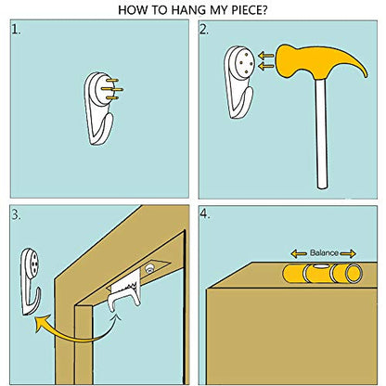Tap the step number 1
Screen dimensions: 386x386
[16, 30]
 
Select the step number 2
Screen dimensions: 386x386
[204, 30]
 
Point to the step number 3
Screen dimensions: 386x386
[16, 214]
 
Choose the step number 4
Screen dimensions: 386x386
[205, 214]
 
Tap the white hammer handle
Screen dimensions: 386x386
[321, 133]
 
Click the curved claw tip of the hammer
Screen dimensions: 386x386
[367, 75]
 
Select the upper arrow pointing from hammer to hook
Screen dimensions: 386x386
[266, 56]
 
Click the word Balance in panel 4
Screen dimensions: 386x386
[324, 253]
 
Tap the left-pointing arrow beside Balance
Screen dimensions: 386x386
[299, 254]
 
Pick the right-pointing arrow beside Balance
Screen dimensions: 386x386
[348, 254]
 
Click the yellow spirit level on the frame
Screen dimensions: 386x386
[322, 274]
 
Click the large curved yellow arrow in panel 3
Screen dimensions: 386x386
[71, 331]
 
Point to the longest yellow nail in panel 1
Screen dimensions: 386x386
[112, 89]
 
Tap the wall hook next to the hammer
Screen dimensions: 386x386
[239, 82]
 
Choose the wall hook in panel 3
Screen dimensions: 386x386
[31, 281]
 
